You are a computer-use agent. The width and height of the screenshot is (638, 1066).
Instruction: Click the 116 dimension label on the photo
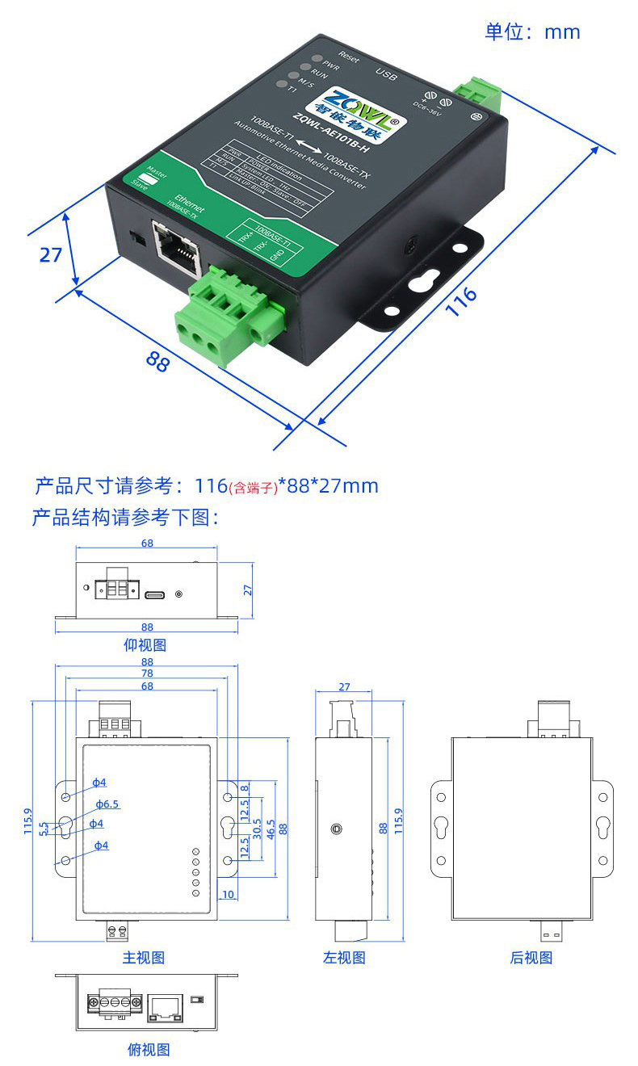coord(461,302)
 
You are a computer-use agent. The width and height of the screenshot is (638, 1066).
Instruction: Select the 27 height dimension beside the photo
coord(51,254)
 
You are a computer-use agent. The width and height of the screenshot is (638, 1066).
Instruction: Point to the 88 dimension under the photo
coord(158,360)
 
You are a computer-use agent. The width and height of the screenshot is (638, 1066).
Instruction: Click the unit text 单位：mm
coord(532,31)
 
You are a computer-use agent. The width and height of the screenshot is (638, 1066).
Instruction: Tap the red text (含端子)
coord(253,487)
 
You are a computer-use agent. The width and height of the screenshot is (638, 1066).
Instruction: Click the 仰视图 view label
coord(145,644)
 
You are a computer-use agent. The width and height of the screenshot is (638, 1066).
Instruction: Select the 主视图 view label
coord(144,957)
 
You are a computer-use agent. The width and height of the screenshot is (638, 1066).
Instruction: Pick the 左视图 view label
coord(344,957)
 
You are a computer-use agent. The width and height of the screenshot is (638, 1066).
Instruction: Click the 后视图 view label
coord(531,957)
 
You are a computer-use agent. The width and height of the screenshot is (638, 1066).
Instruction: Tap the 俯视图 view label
coord(149,1049)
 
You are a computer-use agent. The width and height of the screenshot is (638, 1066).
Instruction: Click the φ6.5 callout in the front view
coord(107,804)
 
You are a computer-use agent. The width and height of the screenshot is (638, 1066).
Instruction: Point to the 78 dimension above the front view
coord(147,674)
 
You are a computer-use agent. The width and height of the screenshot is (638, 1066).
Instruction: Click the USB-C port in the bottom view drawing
coord(156,594)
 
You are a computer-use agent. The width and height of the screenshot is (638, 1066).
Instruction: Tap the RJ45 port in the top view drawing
coord(166,1006)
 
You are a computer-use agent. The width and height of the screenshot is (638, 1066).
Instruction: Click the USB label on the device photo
coord(387,75)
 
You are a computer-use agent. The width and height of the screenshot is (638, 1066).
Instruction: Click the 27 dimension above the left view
coord(344,687)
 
